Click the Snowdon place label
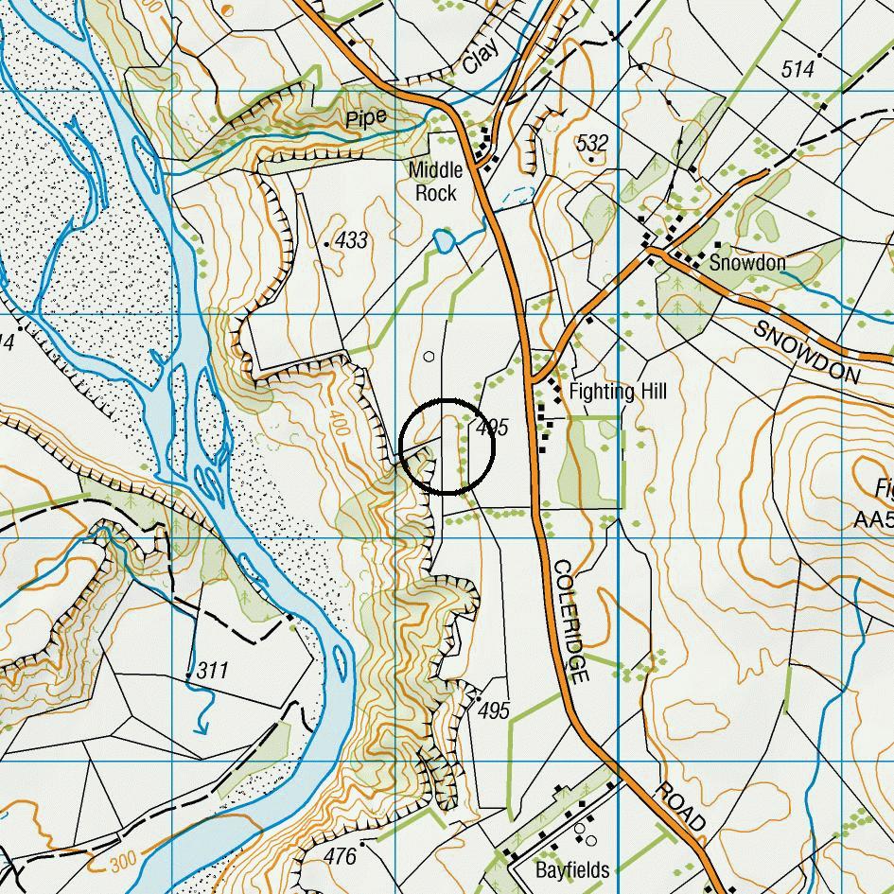[x=747, y=262]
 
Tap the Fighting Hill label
[x=617, y=391]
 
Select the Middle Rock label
[x=435, y=182]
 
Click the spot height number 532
[x=592, y=143]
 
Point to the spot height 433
[x=351, y=240]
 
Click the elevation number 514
[x=798, y=68]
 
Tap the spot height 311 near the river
[x=213, y=671]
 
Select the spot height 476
[x=340, y=856]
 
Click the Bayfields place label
[x=571, y=869]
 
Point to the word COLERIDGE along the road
[x=571, y=622]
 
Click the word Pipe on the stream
[x=366, y=118]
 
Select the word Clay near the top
[x=481, y=59]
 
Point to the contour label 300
[x=124, y=863]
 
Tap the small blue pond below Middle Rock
[x=443, y=241]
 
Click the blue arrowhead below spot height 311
[x=202, y=728]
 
